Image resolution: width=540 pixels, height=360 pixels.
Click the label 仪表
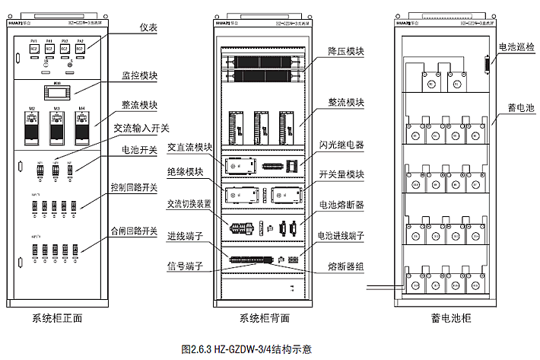[148, 27]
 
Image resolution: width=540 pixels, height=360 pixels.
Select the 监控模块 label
[139, 76]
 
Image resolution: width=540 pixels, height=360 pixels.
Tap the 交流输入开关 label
[141, 128]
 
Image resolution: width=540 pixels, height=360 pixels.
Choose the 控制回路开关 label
[133, 187]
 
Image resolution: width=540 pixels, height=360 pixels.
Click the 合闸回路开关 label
[133, 230]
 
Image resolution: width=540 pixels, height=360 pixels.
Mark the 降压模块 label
[347, 52]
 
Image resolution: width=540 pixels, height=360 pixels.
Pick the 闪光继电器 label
[343, 143]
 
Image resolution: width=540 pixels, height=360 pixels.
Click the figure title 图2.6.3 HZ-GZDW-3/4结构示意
[246, 349]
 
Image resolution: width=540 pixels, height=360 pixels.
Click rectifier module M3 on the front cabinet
[56, 127]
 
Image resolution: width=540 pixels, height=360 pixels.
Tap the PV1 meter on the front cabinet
[34, 47]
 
